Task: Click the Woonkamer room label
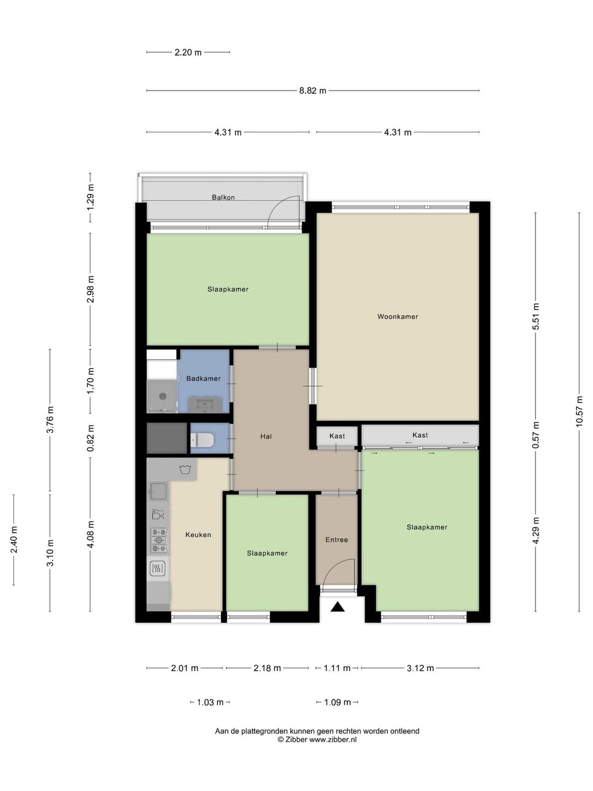click(398, 316)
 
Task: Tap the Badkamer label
click(203, 378)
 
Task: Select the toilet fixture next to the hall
click(202, 439)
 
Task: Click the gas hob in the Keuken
click(159, 540)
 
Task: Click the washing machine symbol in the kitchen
click(185, 470)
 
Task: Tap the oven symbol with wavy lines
click(158, 569)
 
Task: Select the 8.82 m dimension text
click(312, 91)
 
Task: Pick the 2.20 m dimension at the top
click(188, 53)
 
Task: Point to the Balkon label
click(223, 197)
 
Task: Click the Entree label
click(337, 539)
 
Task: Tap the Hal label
click(266, 436)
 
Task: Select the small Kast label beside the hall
click(337, 436)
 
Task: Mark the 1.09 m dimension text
click(337, 702)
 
